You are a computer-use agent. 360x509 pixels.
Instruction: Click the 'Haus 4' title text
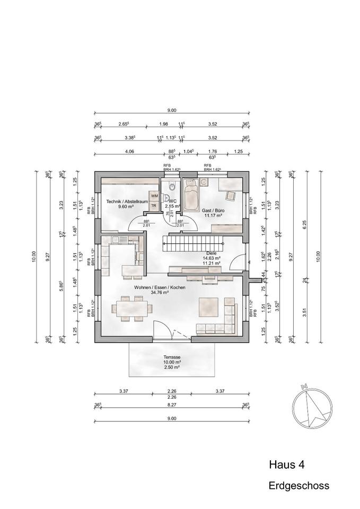[x=287, y=465]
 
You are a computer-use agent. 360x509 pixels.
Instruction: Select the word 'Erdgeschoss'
[x=298, y=485]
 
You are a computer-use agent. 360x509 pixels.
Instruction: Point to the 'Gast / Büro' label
[x=214, y=210]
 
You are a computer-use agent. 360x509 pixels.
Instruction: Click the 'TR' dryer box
[x=154, y=205]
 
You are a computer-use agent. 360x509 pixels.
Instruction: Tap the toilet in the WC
[x=171, y=187]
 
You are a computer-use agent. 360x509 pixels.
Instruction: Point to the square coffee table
[x=208, y=306]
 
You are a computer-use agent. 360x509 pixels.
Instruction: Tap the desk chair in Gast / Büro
[x=230, y=196]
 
